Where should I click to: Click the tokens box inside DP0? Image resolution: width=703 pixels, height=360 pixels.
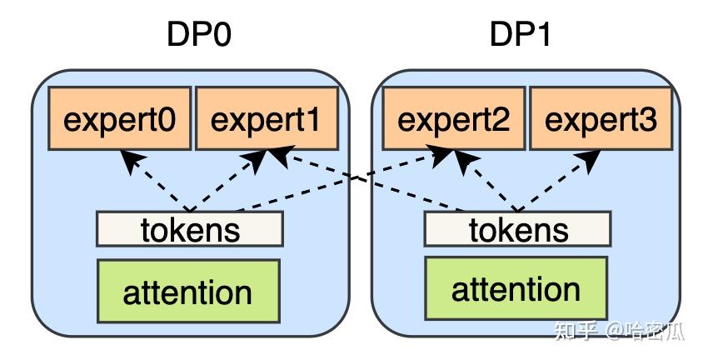[190, 228]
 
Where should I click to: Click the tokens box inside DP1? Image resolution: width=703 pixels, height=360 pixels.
[518, 228]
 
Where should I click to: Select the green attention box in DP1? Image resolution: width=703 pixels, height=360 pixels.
[516, 289]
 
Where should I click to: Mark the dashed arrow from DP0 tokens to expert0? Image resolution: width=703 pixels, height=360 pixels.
[158, 183]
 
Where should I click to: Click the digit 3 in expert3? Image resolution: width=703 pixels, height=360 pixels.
[646, 120]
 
